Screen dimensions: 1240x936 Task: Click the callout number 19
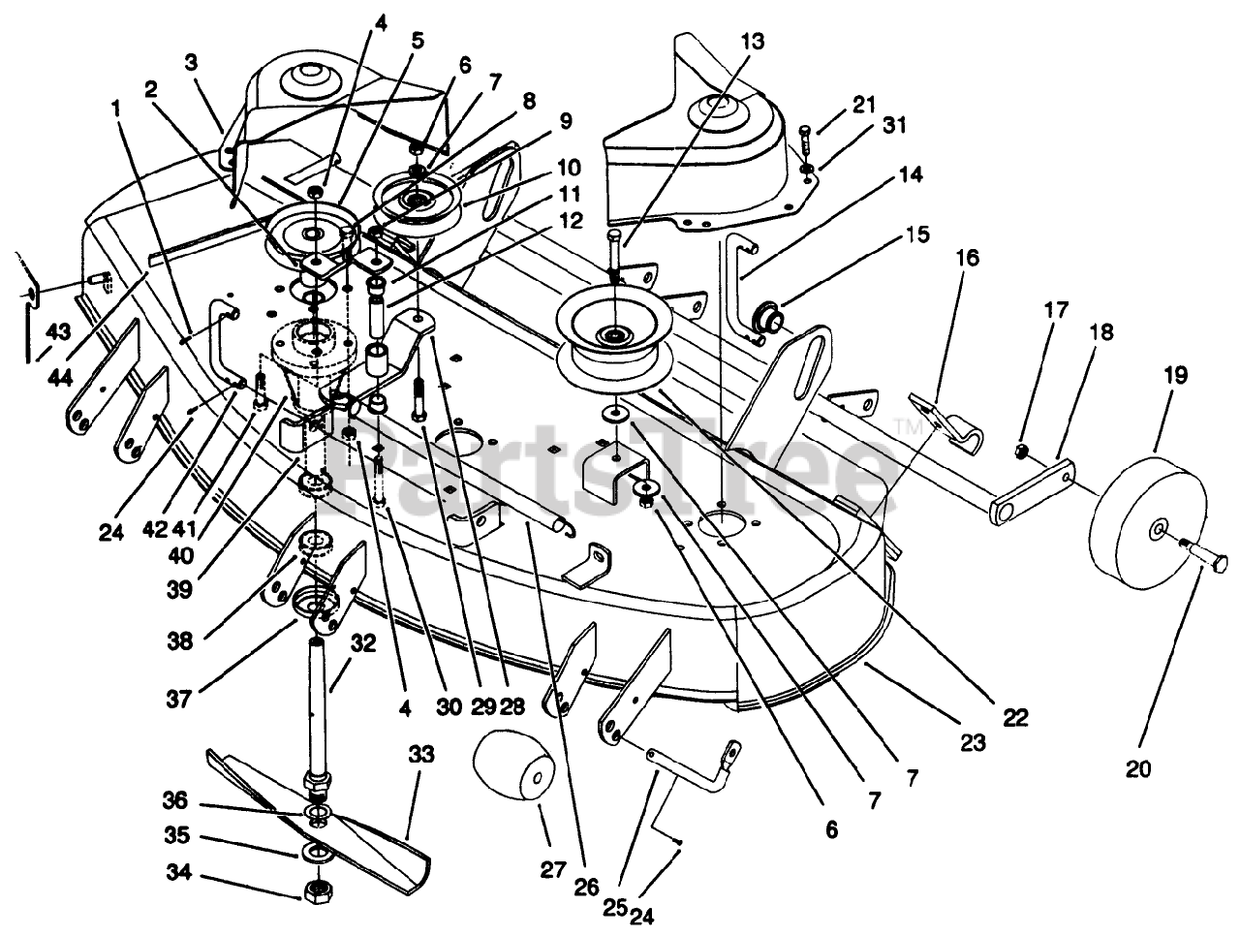point(1175,376)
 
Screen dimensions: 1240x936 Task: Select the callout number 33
point(421,755)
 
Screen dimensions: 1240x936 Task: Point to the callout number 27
point(552,870)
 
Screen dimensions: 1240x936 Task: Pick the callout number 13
point(753,42)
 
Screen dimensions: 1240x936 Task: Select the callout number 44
point(60,377)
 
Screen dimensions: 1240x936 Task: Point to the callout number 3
point(192,63)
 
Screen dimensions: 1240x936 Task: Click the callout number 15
point(918,234)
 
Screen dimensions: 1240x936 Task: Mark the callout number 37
point(179,701)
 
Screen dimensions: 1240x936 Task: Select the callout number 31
point(894,125)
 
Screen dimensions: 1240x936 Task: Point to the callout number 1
point(117,109)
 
